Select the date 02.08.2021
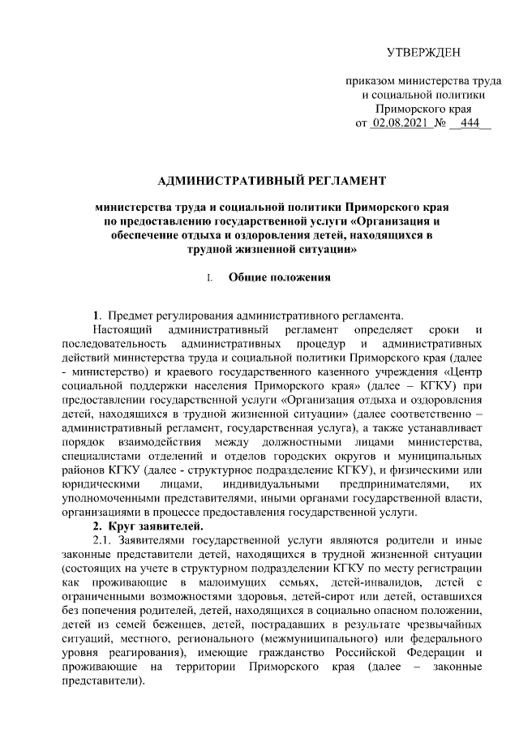[x=398, y=123]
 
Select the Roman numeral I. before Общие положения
[x=210, y=277]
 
